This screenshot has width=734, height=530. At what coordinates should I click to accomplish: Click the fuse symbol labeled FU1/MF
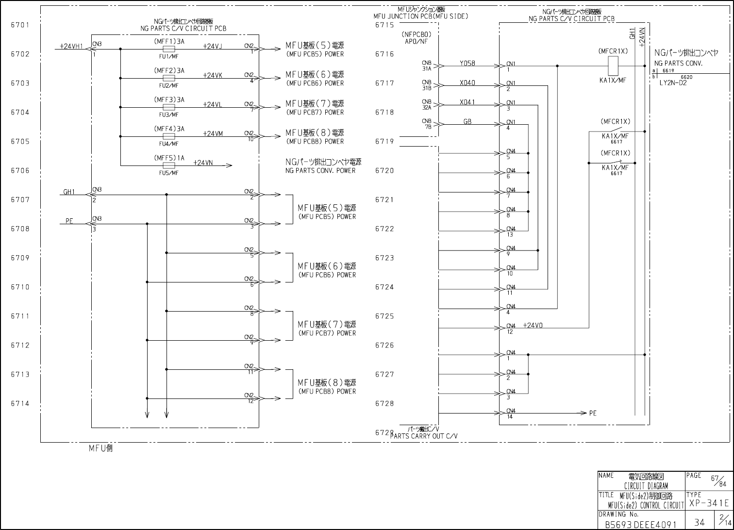point(169,49)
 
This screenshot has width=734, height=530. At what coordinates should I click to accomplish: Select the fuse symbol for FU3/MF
point(169,107)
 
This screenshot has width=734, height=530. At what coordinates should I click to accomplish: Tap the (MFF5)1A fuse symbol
point(169,166)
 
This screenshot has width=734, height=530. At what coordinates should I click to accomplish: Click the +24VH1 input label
point(71,46)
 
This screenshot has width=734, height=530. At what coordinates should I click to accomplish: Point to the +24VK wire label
point(213,75)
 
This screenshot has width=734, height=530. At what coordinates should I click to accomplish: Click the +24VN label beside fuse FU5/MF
point(203,163)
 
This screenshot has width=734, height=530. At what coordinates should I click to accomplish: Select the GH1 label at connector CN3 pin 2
point(69,192)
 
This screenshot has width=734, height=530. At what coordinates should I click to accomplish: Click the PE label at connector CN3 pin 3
point(69,221)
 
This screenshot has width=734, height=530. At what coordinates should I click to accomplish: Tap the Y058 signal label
point(467,63)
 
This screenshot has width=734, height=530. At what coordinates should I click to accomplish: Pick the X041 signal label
point(467,102)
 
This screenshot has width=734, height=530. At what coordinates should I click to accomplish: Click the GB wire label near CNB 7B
point(467,121)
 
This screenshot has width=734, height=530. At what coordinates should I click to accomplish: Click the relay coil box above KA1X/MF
point(613,66)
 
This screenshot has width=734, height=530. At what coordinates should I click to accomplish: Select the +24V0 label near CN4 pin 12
point(533,325)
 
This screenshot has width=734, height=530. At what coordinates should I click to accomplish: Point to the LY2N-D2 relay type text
point(673,83)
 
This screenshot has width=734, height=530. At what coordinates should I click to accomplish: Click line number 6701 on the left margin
point(20,25)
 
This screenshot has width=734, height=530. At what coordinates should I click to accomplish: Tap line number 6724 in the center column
point(384,287)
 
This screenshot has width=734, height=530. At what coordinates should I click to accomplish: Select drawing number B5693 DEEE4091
point(640,524)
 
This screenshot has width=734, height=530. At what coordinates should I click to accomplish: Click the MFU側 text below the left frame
point(100,448)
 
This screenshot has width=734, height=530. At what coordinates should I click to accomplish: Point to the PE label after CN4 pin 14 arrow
point(593,414)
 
